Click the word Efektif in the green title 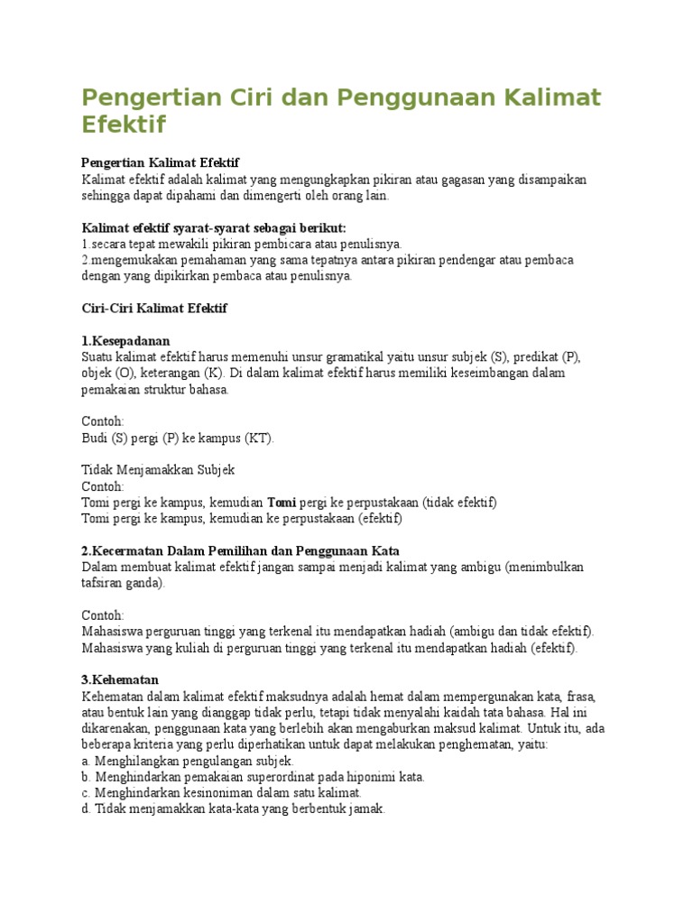tap(124, 125)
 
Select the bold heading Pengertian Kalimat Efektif tap(160, 162)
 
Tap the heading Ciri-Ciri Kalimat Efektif tap(154, 309)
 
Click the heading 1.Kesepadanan tap(125, 341)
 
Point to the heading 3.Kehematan tap(120, 679)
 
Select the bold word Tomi tap(282, 503)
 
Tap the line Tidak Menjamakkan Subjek tap(158, 470)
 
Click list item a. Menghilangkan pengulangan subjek tap(188, 762)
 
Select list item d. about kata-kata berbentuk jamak tap(233, 809)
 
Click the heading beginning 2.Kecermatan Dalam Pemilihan tap(240, 551)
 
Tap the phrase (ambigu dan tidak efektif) tap(516, 632)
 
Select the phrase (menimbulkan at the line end tap(545, 568)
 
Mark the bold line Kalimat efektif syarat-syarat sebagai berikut tap(214, 227)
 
